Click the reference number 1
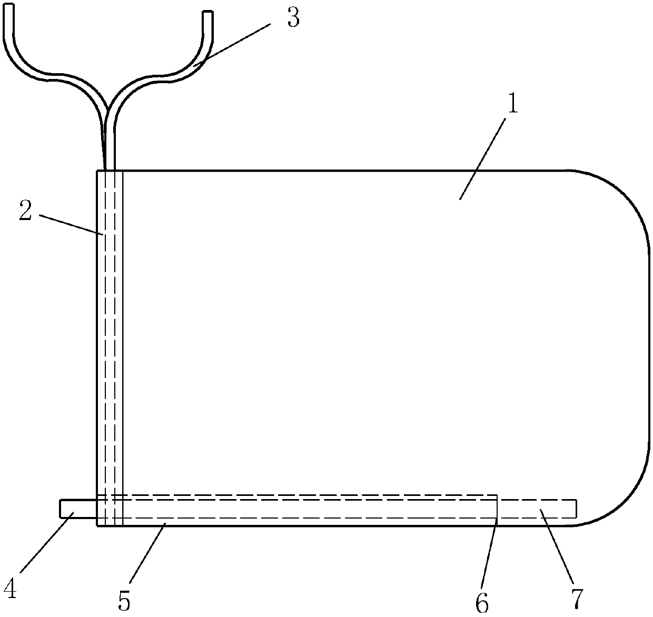pyautogui.click(x=512, y=105)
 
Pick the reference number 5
pyautogui.click(x=124, y=601)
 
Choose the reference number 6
pyautogui.click(x=481, y=603)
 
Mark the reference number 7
pyautogui.click(x=577, y=599)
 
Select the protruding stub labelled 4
pyautogui.click(x=78, y=509)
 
